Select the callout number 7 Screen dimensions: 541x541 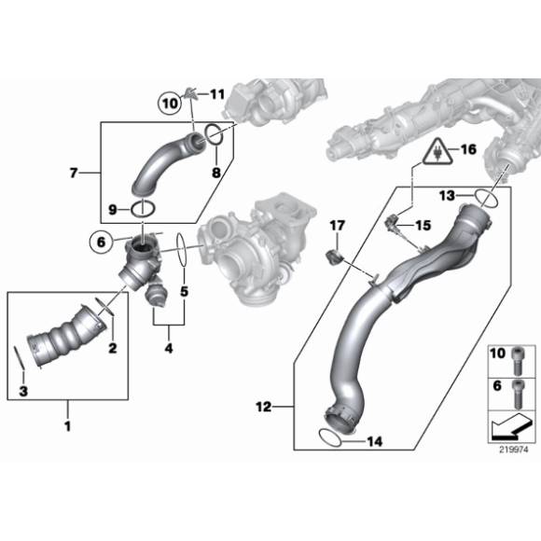75,173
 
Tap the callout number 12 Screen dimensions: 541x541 265,407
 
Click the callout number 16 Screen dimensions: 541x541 467,149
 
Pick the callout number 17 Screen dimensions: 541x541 338,225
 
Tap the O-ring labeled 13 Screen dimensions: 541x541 487,197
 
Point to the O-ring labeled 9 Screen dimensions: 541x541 145,207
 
